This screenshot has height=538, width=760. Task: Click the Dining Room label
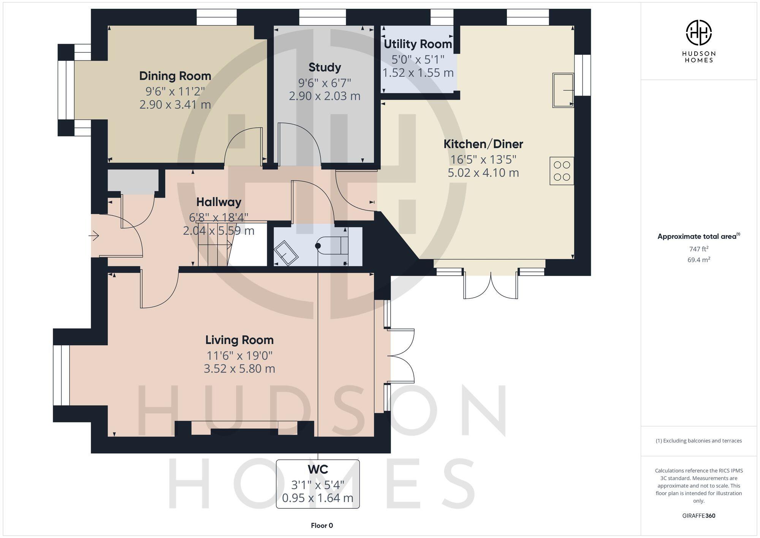[x=175, y=76]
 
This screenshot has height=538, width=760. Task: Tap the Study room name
[x=325, y=68]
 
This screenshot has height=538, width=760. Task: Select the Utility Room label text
[x=418, y=44]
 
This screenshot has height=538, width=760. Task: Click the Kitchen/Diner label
[x=483, y=144]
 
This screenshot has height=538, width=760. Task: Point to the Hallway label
[x=218, y=202]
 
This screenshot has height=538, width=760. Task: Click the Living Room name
[x=239, y=340]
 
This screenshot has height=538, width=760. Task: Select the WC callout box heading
[x=318, y=470]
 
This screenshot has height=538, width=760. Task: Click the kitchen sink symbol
[x=563, y=90]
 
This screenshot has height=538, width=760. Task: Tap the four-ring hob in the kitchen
[x=562, y=171]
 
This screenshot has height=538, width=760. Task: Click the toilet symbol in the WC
[x=332, y=245]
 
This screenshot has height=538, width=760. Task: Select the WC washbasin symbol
[x=286, y=252]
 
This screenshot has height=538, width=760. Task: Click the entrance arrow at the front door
[x=94, y=236]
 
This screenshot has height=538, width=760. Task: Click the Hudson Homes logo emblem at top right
[x=698, y=33]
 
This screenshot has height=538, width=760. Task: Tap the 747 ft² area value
[x=698, y=249]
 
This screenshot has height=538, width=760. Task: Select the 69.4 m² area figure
[x=698, y=260]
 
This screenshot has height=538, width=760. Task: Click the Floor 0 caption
[x=322, y=526]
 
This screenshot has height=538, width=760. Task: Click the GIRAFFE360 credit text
[x=698, y=516]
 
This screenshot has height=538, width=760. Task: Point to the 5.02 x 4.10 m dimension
[x=483, y=173]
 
